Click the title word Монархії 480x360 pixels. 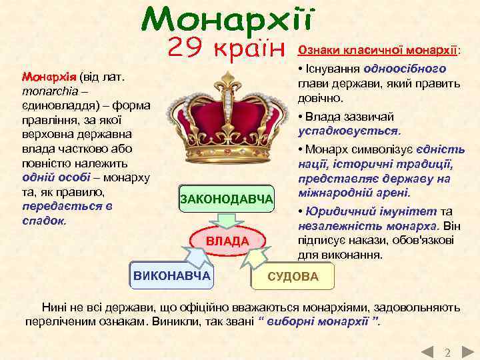[227, 21]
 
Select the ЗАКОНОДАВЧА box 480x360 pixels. [227, 199]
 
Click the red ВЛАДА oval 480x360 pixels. [227, 240]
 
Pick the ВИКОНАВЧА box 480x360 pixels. [172, 276]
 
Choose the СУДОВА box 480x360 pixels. [293, 276]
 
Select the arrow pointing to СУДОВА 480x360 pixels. [256, 257]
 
